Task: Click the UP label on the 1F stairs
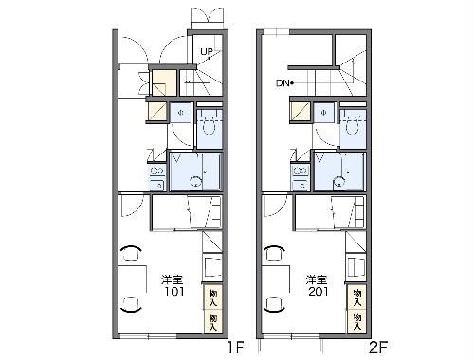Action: click(x=206, y=51)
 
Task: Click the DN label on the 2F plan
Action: click(x=283, y=83)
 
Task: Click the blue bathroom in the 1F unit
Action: click(x=194, y=171)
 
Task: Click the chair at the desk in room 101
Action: click(x=131, y=253)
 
